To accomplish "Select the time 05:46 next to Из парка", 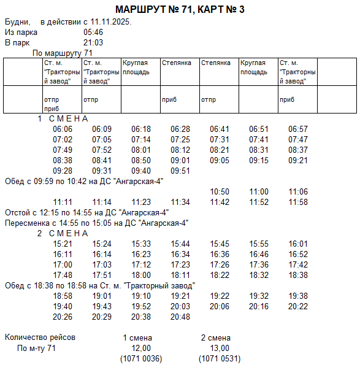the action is coord(93,32).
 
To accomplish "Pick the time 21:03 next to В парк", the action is coord(93,42).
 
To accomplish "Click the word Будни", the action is coord(17,21).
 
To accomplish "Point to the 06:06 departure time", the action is coord(63,129).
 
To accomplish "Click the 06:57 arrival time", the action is coord(298,129).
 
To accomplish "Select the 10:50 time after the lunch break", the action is coord(220,191).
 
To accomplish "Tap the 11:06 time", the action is coord(298,191).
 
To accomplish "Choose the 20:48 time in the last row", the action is coord(180,317).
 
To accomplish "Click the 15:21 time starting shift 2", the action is coord(63,244).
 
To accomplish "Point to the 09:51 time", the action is coord(180,171).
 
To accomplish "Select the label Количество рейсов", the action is coord(40,337).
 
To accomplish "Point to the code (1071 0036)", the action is coord(140,358).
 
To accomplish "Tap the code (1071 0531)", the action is coord(219,358).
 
